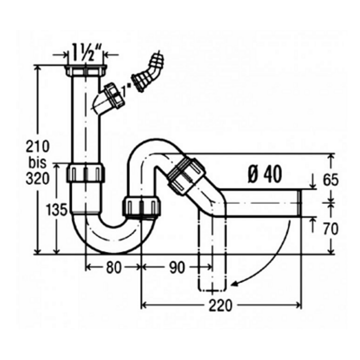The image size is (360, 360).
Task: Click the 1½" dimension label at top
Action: [86, 53]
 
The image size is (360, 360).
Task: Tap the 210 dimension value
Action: [37, 146]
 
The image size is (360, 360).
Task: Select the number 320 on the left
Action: [37, 179]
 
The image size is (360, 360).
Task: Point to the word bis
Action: [37, 162]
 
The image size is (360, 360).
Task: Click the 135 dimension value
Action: [56, 210]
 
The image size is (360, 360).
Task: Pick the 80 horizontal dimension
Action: [113, 268]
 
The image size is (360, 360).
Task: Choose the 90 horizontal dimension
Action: [177, 268]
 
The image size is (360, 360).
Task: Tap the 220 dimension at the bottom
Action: [221, 306]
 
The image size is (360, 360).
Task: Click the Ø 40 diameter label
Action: [265, 175]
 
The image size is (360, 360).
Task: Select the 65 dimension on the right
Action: [331, 180]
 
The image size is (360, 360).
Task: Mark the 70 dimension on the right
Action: [331, 229]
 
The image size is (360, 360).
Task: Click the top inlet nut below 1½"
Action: [86, 70]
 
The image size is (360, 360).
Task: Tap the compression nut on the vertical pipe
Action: [85, 173]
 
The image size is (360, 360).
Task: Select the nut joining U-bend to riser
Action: [142, 206]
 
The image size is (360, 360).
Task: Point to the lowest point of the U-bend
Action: [114, 253]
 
